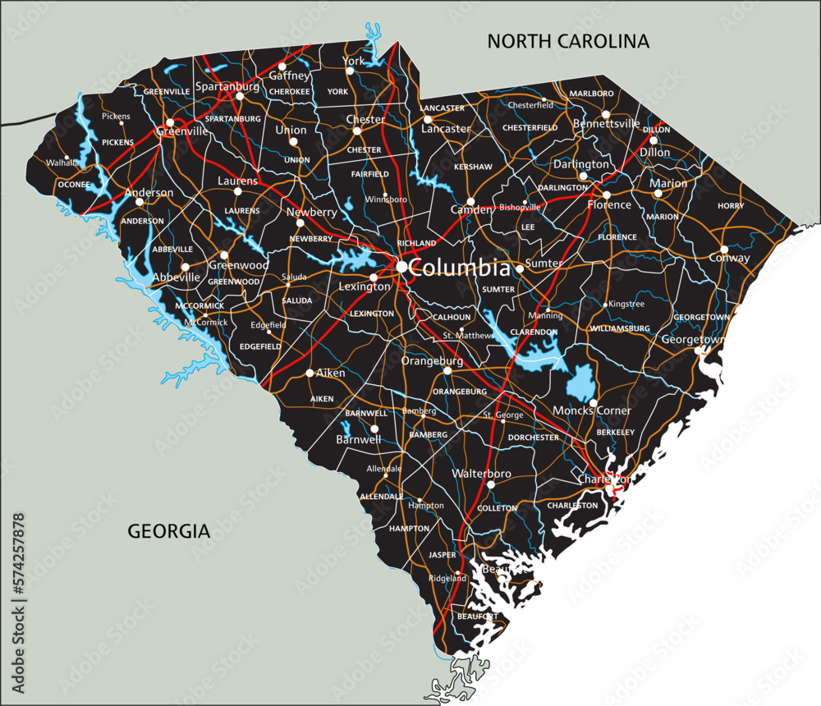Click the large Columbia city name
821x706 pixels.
click(459, 268)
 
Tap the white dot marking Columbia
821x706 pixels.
click(401, 267)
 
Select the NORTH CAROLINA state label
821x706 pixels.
click(568, 40)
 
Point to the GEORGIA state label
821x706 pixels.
click(169, 531)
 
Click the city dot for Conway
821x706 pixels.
click(724, 249)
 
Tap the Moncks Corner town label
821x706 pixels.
click(592, 410)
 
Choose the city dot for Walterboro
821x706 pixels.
click(490, 484)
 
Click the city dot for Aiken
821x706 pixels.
click(310, 373)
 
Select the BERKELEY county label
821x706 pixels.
click(616, 432)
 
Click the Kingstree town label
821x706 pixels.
click(626, 304)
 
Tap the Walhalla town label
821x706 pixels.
click(62, 162)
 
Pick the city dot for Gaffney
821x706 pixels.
click(282, 66)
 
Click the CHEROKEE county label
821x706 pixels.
click(289, 91)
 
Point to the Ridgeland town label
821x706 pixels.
click(447, 578)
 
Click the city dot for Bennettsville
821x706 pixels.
click(606, 114)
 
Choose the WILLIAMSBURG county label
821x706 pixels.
click(619, 328)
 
